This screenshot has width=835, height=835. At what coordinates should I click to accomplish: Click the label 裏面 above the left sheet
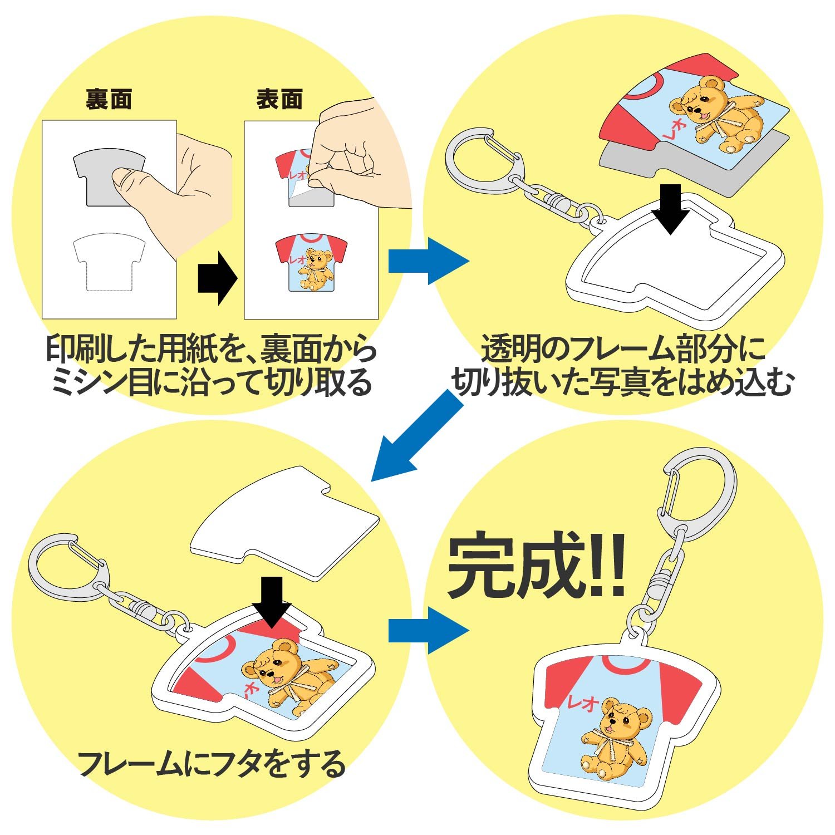tap(109, 100)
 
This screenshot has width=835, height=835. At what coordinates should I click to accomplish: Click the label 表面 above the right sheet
tap(279, 100)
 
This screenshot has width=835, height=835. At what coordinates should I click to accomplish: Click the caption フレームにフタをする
tap(212, 763)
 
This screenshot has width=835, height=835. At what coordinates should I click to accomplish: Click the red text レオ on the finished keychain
tap(583, 703)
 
